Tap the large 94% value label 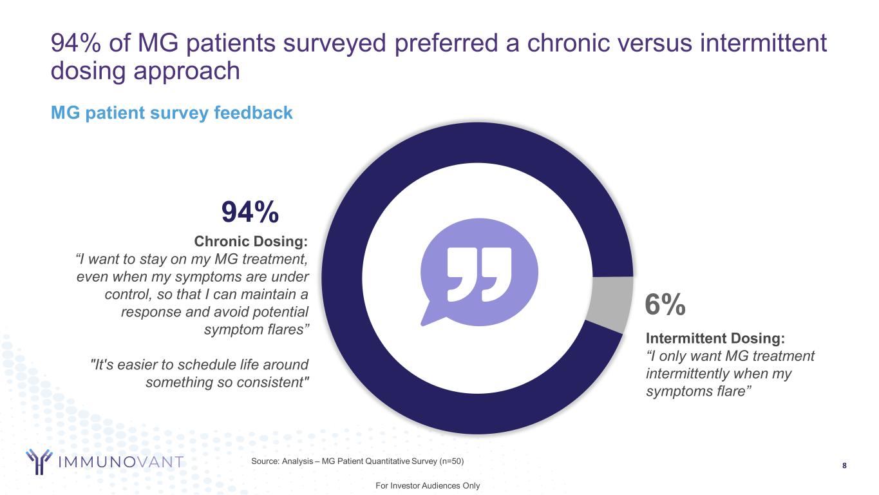click(250, 211)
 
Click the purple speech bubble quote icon click(478, 277)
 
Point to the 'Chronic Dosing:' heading click(250, 242)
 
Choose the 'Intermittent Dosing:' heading click(715, 338)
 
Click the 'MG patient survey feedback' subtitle click(172, 113)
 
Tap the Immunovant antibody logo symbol click(39, 461)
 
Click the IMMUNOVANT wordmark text click(121, 462)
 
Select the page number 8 click(844, 465)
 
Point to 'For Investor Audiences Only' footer click(428, 485)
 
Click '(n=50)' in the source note click(448, 461)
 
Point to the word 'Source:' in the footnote click(265, 461)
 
